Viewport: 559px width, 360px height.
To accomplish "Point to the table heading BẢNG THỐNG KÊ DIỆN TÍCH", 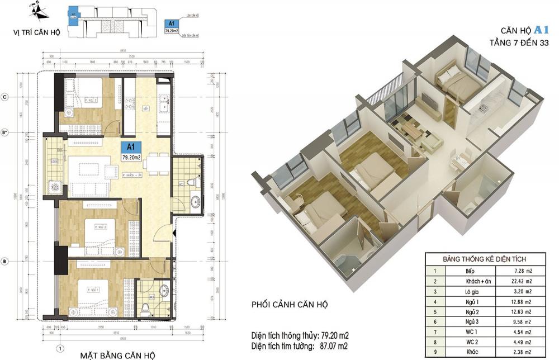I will pos(484,259).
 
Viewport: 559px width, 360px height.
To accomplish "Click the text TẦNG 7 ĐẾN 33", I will pos(519,44).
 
